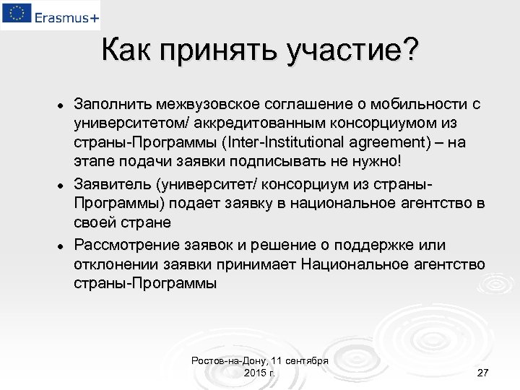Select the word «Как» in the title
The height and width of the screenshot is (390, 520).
(127, 51)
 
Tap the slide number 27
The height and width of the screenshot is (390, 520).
(483, 372)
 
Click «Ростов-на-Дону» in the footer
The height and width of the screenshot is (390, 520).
(225, 360)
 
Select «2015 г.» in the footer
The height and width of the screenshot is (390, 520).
(259, 372)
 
